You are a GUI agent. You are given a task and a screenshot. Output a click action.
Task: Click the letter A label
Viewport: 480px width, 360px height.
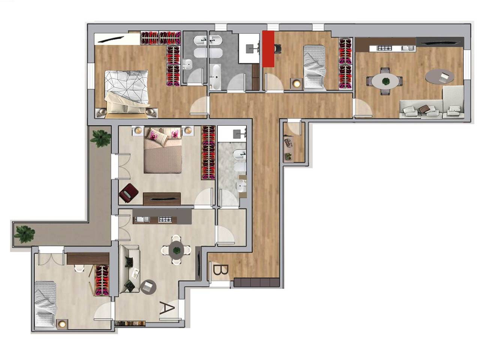(x=167, y=308)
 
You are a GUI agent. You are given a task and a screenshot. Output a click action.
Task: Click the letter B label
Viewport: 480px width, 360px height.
(x=220, y=270)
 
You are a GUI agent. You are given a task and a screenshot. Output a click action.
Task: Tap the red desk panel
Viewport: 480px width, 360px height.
(x=268, y=49)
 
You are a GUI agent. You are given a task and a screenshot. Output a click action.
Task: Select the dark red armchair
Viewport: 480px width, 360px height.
(x=129, y=193)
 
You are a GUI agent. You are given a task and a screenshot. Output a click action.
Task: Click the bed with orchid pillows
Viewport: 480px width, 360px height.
(x=163, y=150)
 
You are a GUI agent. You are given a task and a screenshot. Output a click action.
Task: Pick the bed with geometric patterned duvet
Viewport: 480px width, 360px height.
(x=126, y=94)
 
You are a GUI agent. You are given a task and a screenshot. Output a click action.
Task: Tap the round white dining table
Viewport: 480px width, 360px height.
(x=176, y=250)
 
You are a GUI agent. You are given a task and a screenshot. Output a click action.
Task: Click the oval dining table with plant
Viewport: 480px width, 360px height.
(x=384, y=81)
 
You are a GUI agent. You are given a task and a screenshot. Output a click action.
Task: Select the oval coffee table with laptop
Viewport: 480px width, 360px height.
(x=439, y=77)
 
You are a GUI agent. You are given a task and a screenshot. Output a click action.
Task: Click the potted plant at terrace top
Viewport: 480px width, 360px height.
(x=100, y=138)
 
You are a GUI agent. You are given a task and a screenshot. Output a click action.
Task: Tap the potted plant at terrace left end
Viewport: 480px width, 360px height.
(x=25, y=234)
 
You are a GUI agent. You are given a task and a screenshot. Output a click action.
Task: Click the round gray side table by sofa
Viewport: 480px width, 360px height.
(x=148, y=287)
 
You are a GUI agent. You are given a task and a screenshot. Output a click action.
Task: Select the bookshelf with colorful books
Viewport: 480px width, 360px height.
(x=130, y=324)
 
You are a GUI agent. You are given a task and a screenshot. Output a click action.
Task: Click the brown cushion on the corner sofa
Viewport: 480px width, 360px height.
(x=424, y=108)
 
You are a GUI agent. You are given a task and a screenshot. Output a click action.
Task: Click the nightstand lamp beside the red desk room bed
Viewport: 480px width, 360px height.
(x=297, y=84)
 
